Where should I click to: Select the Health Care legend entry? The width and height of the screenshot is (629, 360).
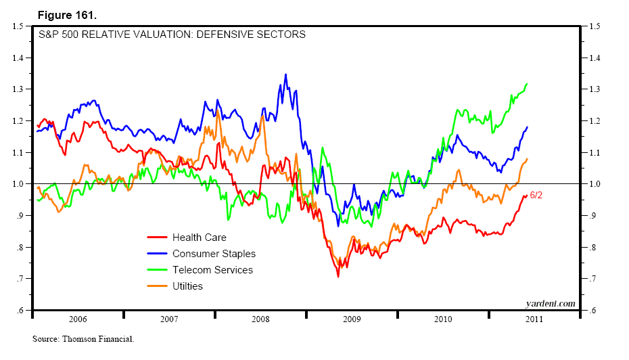pos(199,238)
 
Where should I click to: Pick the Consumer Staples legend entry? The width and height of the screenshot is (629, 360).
pos(214,254)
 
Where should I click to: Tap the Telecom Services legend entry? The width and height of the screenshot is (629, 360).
pos(212,270)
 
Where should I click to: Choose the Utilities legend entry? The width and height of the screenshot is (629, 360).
pos(187,286)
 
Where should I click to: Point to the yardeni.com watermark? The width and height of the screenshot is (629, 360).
pos(550,303)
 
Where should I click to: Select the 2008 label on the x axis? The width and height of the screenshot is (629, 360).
pos(260,318)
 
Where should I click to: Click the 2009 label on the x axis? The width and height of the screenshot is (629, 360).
pos(352,318)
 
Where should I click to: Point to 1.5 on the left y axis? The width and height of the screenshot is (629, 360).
pos(18,26)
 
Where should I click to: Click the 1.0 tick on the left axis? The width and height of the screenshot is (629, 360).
pos(18,184)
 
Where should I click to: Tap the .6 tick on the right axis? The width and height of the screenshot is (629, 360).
pos(593,311)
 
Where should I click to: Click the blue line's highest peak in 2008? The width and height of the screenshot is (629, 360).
pos(285,74)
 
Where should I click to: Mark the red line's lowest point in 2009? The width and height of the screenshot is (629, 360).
pos(338,276)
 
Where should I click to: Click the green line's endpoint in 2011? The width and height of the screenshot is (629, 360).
pos(527,84)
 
